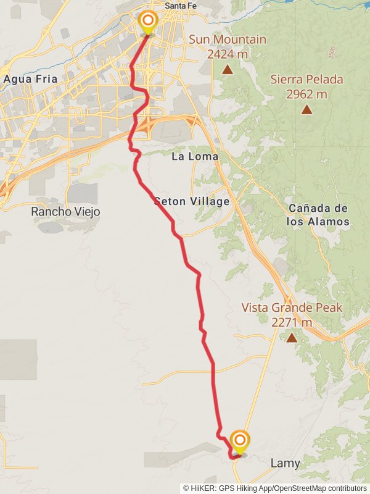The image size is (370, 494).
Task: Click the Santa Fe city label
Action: (178, 7)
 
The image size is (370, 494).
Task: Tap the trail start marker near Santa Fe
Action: (148, 22)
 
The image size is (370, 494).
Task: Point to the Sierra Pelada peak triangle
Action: (306, 109)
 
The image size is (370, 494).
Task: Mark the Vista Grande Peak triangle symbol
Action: (292, 337)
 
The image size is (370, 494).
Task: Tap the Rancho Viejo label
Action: (65, 212)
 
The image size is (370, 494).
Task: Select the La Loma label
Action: (195, 156)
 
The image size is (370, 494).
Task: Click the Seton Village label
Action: (192, 201)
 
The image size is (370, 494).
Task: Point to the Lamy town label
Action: (286, 463)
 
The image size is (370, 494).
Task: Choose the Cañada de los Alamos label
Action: (318, 215)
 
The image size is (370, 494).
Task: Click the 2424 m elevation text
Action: (228, 54)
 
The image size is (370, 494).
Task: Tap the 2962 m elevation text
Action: (306, 94)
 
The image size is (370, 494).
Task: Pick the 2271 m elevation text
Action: (292, 322)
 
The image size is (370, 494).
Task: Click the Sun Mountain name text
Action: (228, 40)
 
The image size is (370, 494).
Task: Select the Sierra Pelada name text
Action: (306, 80)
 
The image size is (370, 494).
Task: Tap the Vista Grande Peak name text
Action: (292, 308)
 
